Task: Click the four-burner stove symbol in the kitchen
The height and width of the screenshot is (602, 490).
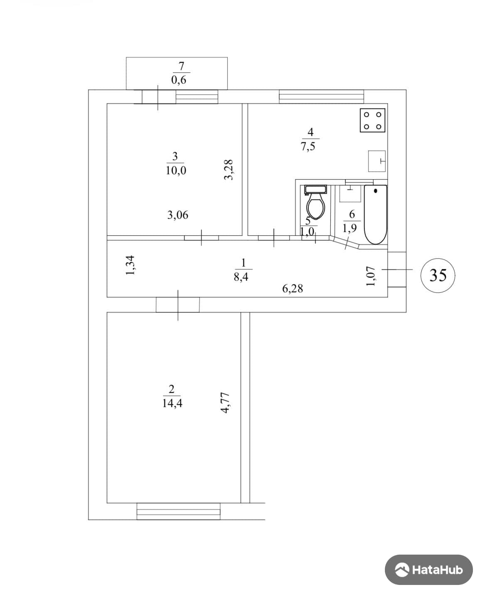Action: [x=372, y=121]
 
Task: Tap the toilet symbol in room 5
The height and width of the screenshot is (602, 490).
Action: [x=315, y=203]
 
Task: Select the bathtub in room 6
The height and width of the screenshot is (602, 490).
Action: [x=376, y=215]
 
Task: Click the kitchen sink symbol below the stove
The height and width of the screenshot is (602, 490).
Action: [x=377, y=161]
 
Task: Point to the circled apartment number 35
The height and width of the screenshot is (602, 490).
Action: [x=438, y=275]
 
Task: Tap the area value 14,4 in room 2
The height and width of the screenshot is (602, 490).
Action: [x=172, y=403]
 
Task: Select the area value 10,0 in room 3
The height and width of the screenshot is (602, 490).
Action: [x=176, y=170]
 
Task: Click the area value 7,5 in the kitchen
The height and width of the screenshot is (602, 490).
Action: [x=308, y=146]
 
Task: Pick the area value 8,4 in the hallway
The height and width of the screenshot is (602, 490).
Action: [x=241, y=277]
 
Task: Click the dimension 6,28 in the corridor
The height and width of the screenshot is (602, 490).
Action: [x=293, y=289]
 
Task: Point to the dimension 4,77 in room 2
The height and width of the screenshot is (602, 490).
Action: [x=226, y=403]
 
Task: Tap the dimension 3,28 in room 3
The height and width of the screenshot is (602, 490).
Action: [x=229, y=170]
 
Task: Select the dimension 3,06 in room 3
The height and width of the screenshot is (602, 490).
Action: [x=178, y=215]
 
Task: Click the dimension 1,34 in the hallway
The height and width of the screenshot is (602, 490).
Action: [x=131, y=265]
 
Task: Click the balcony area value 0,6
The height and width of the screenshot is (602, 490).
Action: [x=179, y=80]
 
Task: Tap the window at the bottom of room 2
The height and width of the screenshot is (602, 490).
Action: [x=178, y=511]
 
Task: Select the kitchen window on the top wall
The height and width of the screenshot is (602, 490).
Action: [x=322, y=96]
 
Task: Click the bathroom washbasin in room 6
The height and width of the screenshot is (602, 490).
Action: [x=350, y=193]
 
